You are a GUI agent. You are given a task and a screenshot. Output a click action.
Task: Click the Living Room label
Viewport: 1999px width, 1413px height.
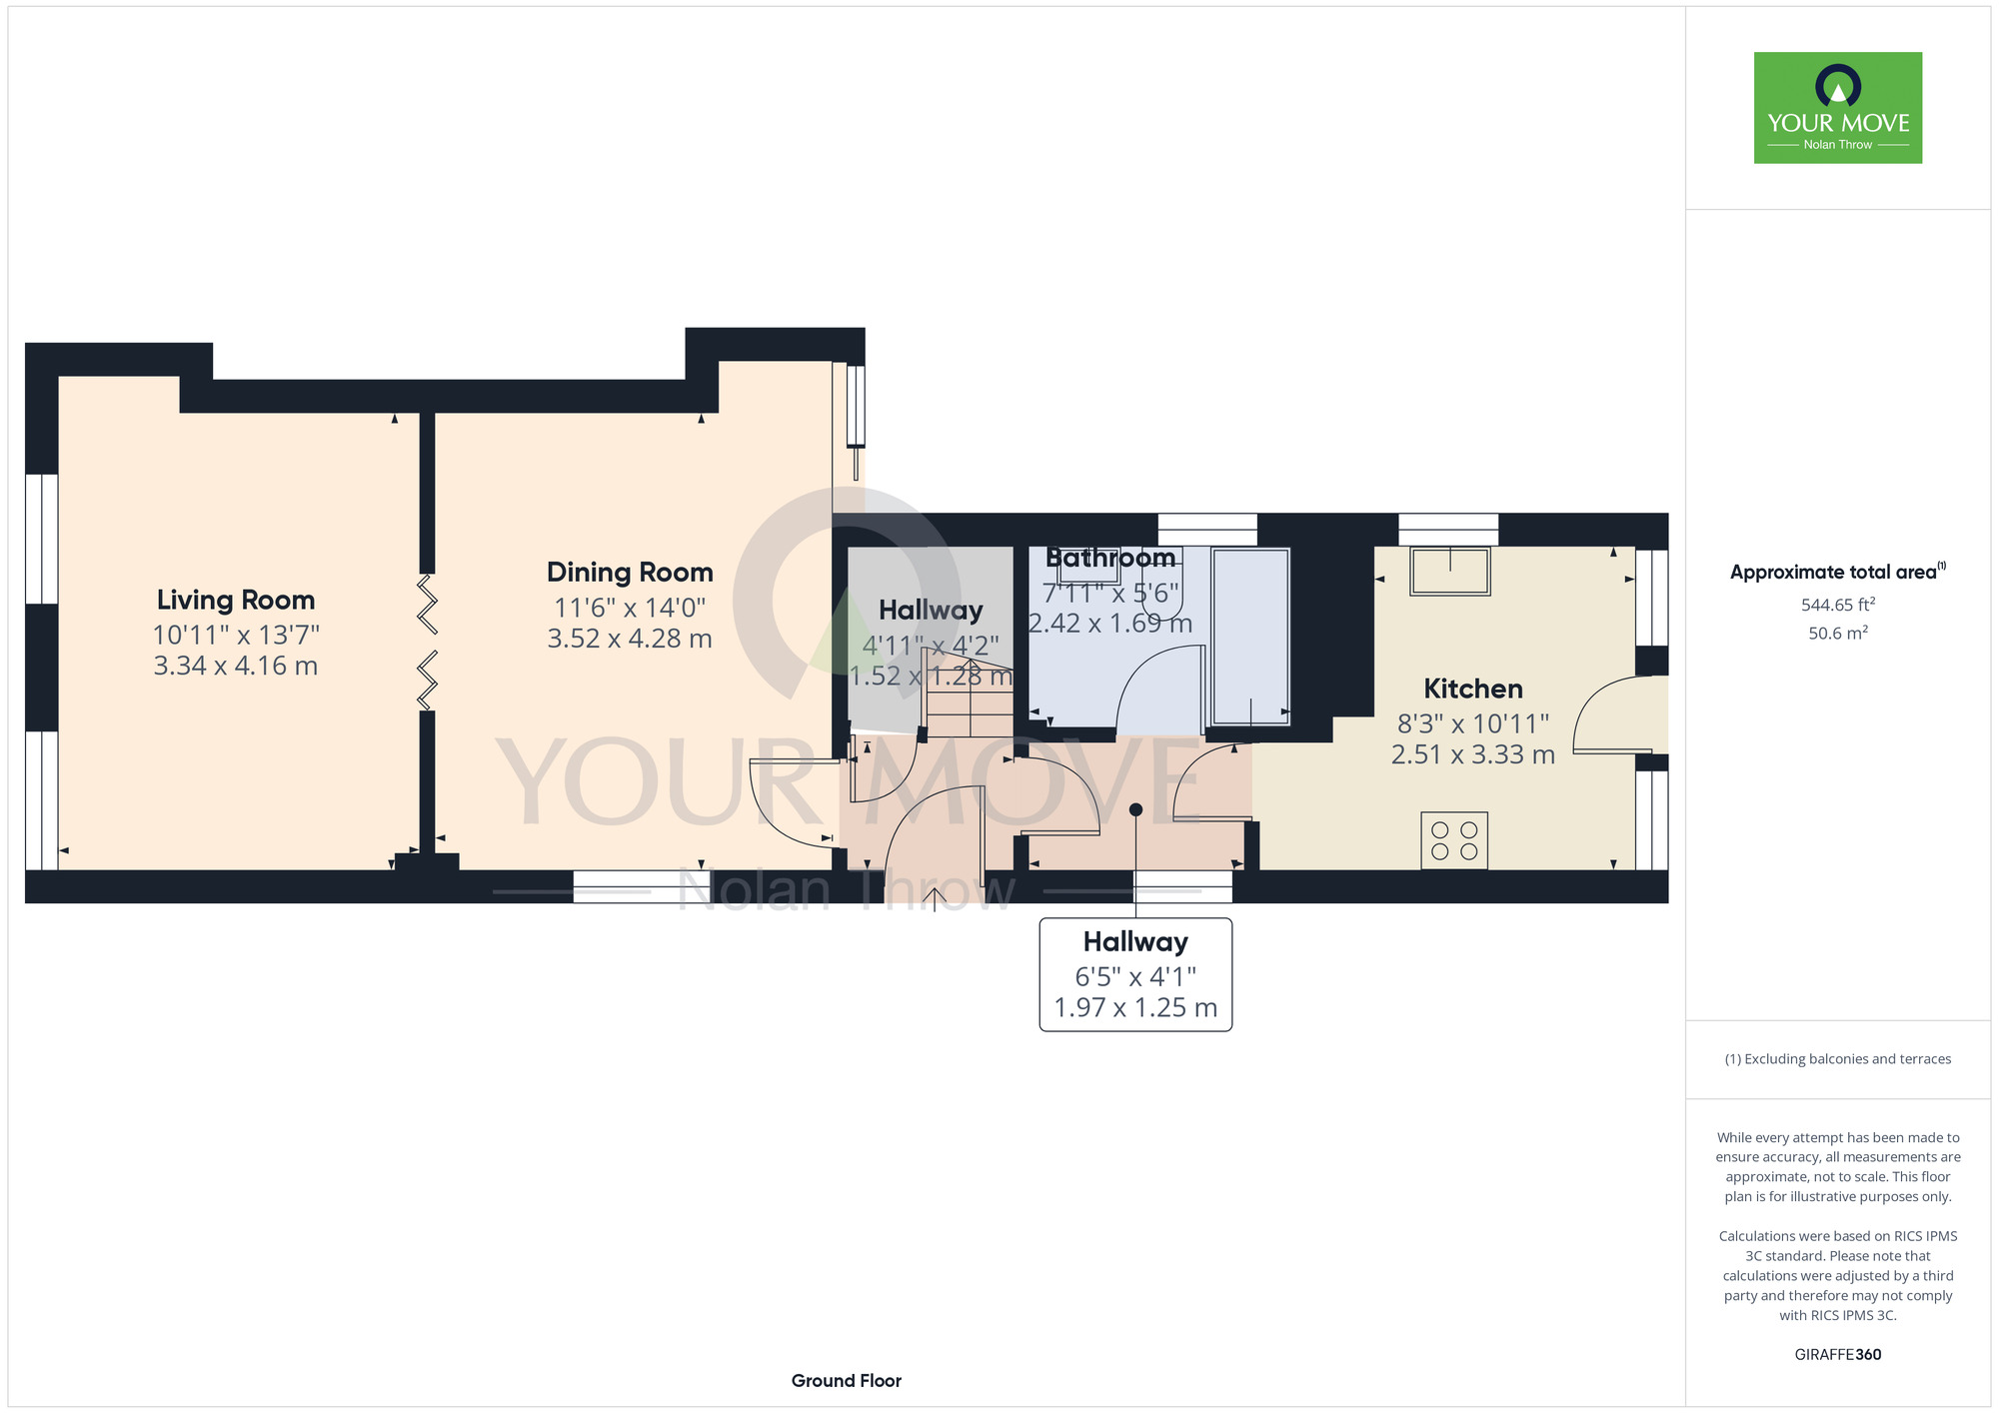pos(236,600)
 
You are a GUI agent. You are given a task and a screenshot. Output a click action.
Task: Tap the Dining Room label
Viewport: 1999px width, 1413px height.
pos(630,573)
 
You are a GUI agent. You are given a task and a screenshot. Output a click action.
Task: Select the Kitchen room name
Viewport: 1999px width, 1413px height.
pos(1473,689)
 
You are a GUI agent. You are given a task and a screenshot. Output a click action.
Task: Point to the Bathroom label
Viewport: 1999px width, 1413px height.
pos(1110,558)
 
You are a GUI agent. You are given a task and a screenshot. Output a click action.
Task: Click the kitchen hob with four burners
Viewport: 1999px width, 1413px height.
pos(1454,840)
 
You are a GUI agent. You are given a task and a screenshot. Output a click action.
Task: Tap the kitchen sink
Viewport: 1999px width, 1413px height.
pos(1450,571)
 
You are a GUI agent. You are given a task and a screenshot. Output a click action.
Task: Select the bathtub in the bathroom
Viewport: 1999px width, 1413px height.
pos(1250,636)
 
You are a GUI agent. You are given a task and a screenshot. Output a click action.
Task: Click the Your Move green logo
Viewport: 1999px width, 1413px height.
pos(1838,108)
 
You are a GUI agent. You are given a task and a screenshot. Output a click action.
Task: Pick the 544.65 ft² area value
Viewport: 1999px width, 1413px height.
pos(1838,605)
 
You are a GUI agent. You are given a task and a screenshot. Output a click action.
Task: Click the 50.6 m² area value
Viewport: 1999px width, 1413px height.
pos(1838,633)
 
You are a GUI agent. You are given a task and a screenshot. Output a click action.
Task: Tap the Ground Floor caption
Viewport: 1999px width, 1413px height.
pos(847,1381)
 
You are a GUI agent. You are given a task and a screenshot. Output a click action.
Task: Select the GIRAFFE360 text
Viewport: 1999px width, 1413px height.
pos(1838,1355)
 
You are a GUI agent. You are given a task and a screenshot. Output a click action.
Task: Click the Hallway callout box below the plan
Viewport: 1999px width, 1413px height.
pos(1135,974)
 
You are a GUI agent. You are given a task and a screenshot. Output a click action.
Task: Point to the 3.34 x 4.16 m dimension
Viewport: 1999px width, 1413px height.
pos(236,666)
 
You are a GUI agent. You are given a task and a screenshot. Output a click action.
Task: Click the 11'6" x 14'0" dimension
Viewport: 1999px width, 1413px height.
pos(630,607)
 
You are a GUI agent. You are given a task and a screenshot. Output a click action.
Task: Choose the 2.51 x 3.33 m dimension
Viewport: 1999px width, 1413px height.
pos(1473,754)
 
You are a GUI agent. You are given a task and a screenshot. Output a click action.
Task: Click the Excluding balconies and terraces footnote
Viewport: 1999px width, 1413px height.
pos(1838,1059)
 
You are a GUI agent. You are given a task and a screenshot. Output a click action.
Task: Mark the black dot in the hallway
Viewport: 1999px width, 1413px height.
pos(1135,809)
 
